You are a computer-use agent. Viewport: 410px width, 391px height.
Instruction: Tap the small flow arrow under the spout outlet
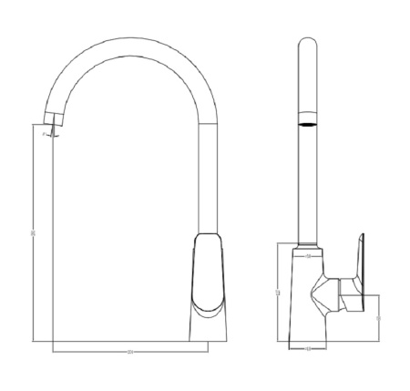click(x=54, y=135)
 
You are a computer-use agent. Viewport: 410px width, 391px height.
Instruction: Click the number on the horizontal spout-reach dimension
click(x=130, y=351)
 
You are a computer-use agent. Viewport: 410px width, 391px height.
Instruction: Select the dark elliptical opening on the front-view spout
click(x=310, y=120)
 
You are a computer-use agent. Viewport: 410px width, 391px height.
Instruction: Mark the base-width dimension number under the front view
click(x=309, y=347)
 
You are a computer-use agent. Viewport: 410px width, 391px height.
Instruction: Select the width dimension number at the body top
click(x=309, y=256)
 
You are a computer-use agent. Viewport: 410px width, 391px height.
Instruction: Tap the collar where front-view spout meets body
click(x=310, y=247)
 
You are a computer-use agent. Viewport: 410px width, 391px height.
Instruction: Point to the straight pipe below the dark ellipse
click(x=310, y=182)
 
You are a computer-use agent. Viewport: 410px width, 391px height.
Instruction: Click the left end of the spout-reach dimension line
click(x=54, y=351)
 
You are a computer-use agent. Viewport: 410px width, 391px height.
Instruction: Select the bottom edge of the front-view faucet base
click(x=309, y=340)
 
